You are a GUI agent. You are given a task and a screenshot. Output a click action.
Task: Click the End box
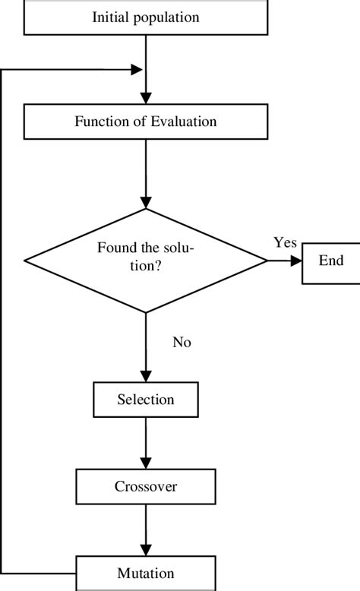pos(330,261)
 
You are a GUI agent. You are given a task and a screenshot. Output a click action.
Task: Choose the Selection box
pos(145,400)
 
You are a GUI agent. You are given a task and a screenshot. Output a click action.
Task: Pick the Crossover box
pos(145,486)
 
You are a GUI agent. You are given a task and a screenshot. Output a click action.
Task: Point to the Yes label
pos(285,242)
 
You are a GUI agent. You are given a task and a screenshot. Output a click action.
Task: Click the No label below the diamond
pos(182,343)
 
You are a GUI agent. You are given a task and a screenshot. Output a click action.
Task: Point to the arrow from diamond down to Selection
pos(145,349)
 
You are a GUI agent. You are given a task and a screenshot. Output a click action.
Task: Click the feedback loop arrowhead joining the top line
pos(137,70)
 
